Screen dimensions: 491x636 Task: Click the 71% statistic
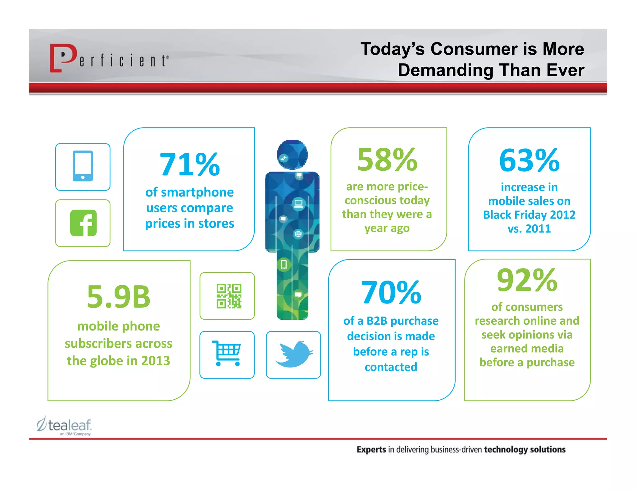pos(189,164)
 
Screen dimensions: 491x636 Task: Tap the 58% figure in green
pos(387,160)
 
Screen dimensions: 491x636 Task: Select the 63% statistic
pos(529,160)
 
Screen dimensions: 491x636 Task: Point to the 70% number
pos(391,292)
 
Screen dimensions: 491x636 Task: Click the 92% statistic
pos(527,280)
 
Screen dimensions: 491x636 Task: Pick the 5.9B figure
pos(119,297)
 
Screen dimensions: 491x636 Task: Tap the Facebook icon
pos(83,223)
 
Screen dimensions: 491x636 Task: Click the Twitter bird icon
pos(293,354)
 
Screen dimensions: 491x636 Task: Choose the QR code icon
pos(229,296)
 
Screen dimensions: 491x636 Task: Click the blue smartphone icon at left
pos(83,166)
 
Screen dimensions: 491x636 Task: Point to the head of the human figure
pos(292,155)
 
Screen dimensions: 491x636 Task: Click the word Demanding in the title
pos(445,70)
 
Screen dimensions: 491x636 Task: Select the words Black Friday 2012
pos(529,215)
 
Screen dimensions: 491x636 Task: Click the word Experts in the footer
pos(371,449)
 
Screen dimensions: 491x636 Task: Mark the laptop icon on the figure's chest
pos(298,204)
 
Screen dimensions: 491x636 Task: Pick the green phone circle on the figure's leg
pos(284,265)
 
